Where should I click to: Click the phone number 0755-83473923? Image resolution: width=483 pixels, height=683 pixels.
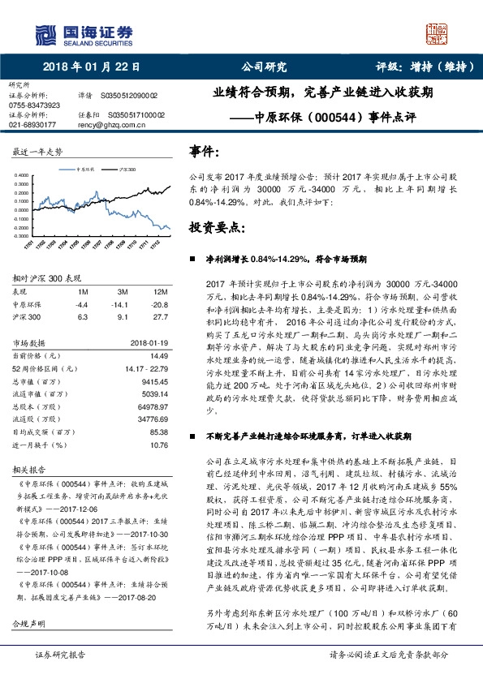(34, 105)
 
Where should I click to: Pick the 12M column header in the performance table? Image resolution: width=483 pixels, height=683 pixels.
(160, 292)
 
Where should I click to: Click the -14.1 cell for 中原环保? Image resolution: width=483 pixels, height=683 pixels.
(123, 304)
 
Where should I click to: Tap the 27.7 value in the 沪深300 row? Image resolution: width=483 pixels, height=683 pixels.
(160, 317)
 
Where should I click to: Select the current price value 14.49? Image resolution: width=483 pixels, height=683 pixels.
(159, 356)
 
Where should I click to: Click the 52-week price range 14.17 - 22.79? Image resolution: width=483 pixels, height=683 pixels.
(147, 369)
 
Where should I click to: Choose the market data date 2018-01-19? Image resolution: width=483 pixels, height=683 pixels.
(147, 343)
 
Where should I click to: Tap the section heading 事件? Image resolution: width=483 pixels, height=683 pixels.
(204, 151)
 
